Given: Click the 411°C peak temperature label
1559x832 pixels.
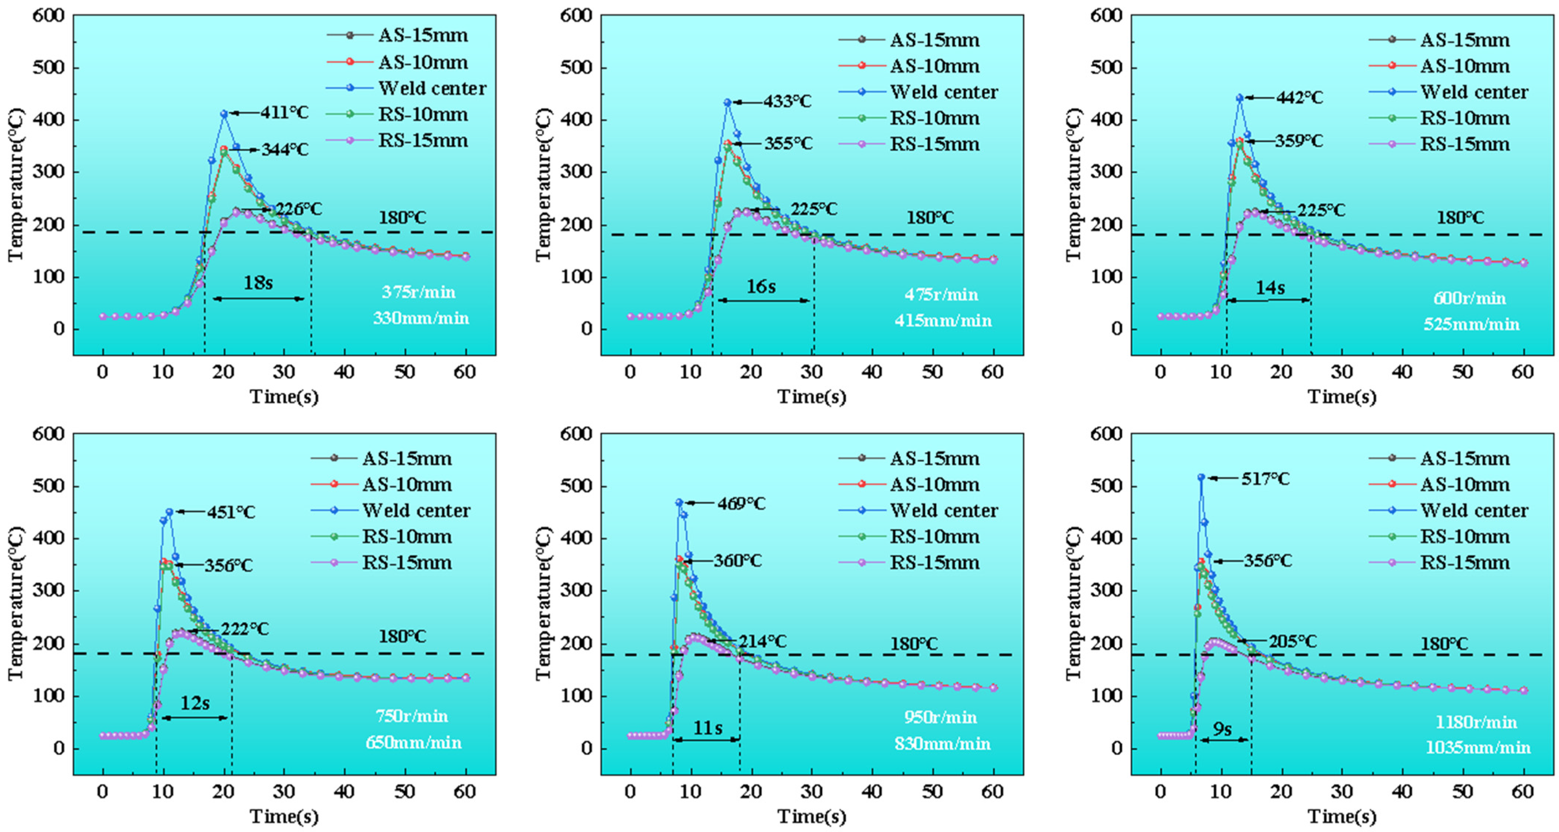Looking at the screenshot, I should coord(284,113).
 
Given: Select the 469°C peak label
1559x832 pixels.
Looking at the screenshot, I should coord(741,503).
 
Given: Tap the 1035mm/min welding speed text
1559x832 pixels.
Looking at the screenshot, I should coord(1478,747).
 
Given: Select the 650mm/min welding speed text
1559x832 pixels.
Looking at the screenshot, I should coord(413,742).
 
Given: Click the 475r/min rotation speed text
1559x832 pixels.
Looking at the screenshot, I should coord(941,294).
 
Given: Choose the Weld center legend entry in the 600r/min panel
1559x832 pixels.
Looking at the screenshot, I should coord(1474,92).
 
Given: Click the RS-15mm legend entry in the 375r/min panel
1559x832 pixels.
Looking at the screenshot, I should coord(423,140).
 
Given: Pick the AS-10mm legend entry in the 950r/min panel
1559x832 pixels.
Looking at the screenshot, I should coord(935,484).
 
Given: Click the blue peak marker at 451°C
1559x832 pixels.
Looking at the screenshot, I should coord(169,512).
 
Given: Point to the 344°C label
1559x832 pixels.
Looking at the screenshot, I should coord(284,150).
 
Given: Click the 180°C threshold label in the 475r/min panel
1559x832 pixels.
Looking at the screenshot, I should coord(930,217).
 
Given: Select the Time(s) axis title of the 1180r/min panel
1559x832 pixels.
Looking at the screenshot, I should coord(1342,816).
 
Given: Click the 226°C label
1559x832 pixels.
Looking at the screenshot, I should coord(299,210).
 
